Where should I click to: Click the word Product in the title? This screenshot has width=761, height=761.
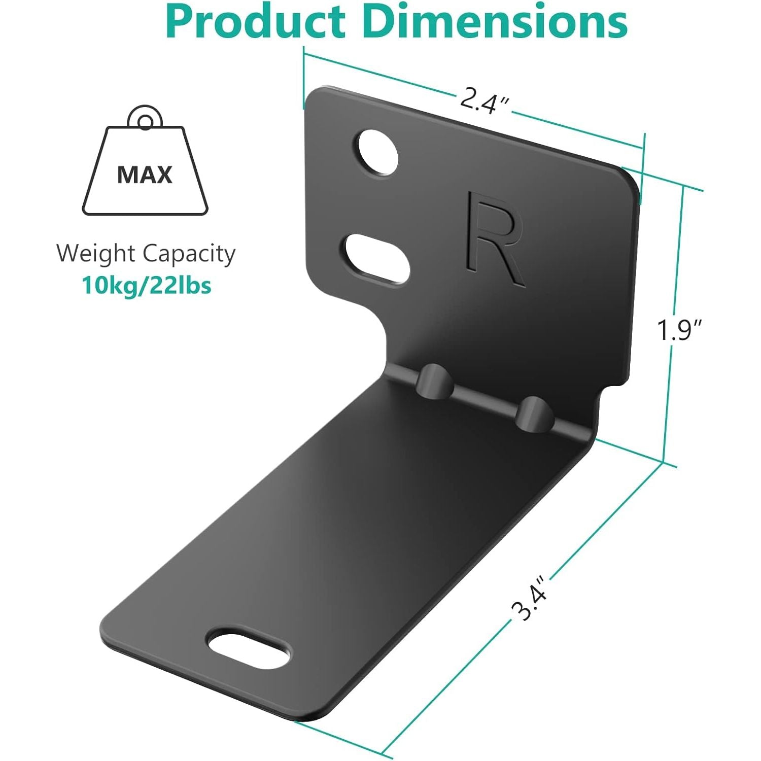pyautogui.click(x=255, y=21)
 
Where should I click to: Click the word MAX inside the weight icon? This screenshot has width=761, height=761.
pyautogui.click(x=145, y=175)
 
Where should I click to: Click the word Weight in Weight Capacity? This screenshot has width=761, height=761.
pyautogui.click(x=96, y=253)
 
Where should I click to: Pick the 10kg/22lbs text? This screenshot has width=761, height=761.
pyautogui.click(x=147, y=286)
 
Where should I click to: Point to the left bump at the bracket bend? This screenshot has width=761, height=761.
pyautogui.click(x=435, y=379)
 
